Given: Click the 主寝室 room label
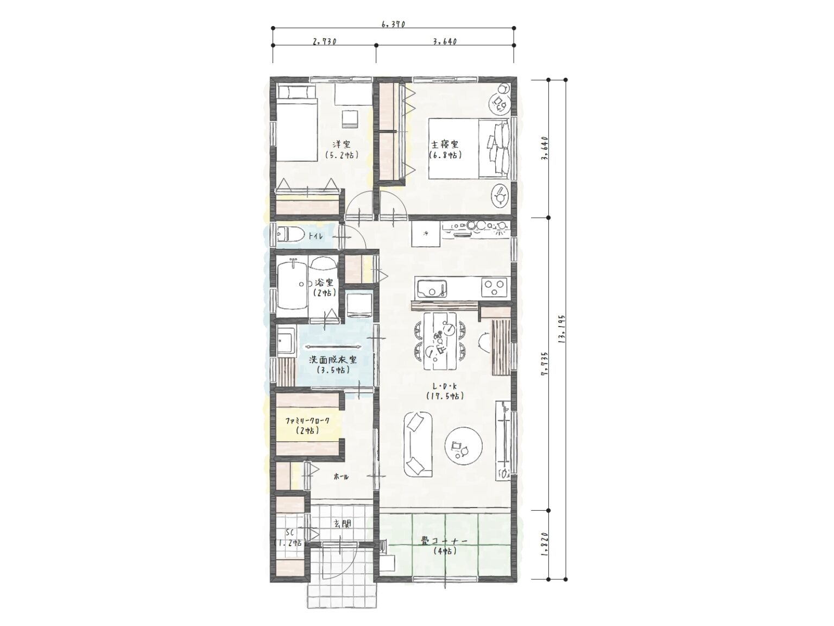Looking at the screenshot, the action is (444, 145).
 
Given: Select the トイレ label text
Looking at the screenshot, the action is (315, 236).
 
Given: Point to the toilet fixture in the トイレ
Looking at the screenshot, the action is (289, 235).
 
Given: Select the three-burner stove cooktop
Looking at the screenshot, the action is (494, 287).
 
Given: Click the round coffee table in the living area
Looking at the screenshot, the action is (464, 446).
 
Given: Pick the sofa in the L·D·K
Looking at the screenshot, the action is (418, 443).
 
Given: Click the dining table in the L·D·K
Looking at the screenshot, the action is (440, 341).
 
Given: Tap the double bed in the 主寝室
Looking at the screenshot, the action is (469, 148).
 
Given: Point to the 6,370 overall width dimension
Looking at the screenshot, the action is (393, 24).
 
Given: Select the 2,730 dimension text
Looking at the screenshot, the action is (324, 41).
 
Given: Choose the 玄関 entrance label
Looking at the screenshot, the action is (342, 524).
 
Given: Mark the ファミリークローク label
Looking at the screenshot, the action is (307, 421).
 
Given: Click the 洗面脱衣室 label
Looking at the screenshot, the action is (332, 360).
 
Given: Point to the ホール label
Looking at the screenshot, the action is (341, 477).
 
